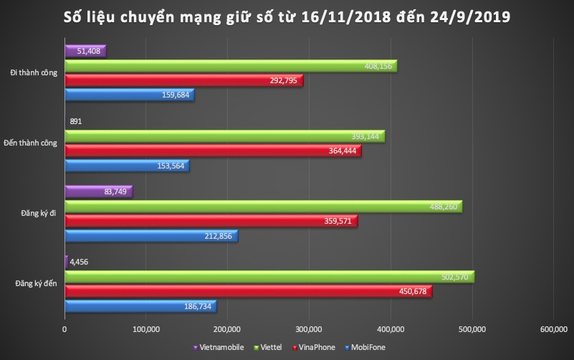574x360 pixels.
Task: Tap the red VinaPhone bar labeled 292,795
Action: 183,80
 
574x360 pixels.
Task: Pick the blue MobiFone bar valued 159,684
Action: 129,95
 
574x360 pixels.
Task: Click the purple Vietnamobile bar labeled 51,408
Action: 85,51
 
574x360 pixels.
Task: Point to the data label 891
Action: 76,121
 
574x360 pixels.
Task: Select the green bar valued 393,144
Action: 224,136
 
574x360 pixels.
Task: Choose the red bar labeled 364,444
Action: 213,151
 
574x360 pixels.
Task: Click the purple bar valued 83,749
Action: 98,191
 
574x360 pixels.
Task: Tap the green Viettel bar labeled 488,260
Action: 263,207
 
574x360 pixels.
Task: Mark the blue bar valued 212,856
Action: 150,235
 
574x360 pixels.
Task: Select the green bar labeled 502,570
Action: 269,277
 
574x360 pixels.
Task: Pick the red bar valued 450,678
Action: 248,291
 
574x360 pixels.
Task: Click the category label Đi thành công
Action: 34,73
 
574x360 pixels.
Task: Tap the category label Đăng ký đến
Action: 37,284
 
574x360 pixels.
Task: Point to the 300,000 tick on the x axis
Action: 309,328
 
